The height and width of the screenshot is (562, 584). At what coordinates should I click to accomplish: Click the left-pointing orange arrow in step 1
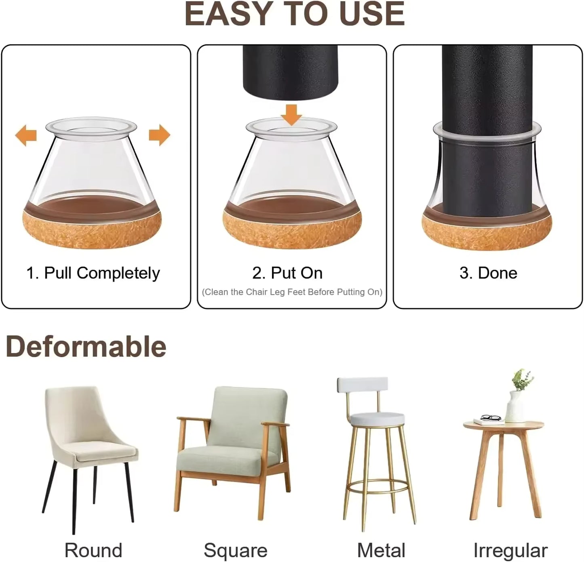click(26, 135)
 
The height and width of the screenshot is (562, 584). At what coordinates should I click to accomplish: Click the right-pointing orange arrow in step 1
click(160, 135)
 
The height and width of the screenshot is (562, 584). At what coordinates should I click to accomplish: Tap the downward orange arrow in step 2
click(291, 115)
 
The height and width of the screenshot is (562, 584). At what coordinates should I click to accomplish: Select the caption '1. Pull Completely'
click(93, 273)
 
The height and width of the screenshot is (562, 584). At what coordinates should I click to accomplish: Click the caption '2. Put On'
click(287, 273)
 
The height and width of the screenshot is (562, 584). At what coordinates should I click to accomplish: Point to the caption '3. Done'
click(488, 273)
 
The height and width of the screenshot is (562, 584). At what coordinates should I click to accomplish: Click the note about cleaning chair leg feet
click(292, 292)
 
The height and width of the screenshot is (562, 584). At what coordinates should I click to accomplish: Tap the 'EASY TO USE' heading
click(294, 15)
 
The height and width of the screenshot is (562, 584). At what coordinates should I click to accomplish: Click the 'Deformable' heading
click(86, 347)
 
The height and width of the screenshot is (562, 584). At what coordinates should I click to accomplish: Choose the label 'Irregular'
click(510, 550)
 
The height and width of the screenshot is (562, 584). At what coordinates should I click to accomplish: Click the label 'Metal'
click(381, 550)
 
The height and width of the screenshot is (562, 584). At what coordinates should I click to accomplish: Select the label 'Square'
click(235, 550)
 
